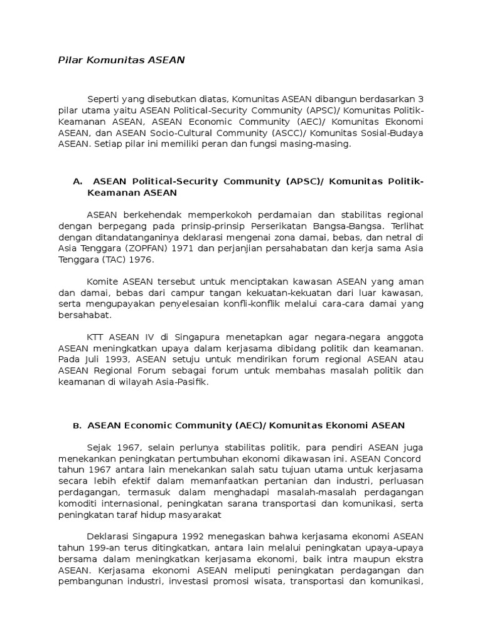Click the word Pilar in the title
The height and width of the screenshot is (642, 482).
pyautogui.click(x=70, y=60)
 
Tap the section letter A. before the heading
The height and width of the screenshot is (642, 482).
pyautogui.click(x=78, y=181)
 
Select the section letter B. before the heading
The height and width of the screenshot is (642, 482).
pyautogui.click(x=77, y=426)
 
